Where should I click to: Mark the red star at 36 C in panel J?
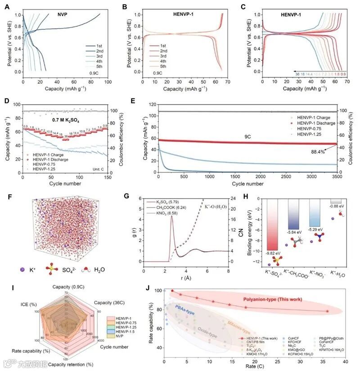tap(327, 311)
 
